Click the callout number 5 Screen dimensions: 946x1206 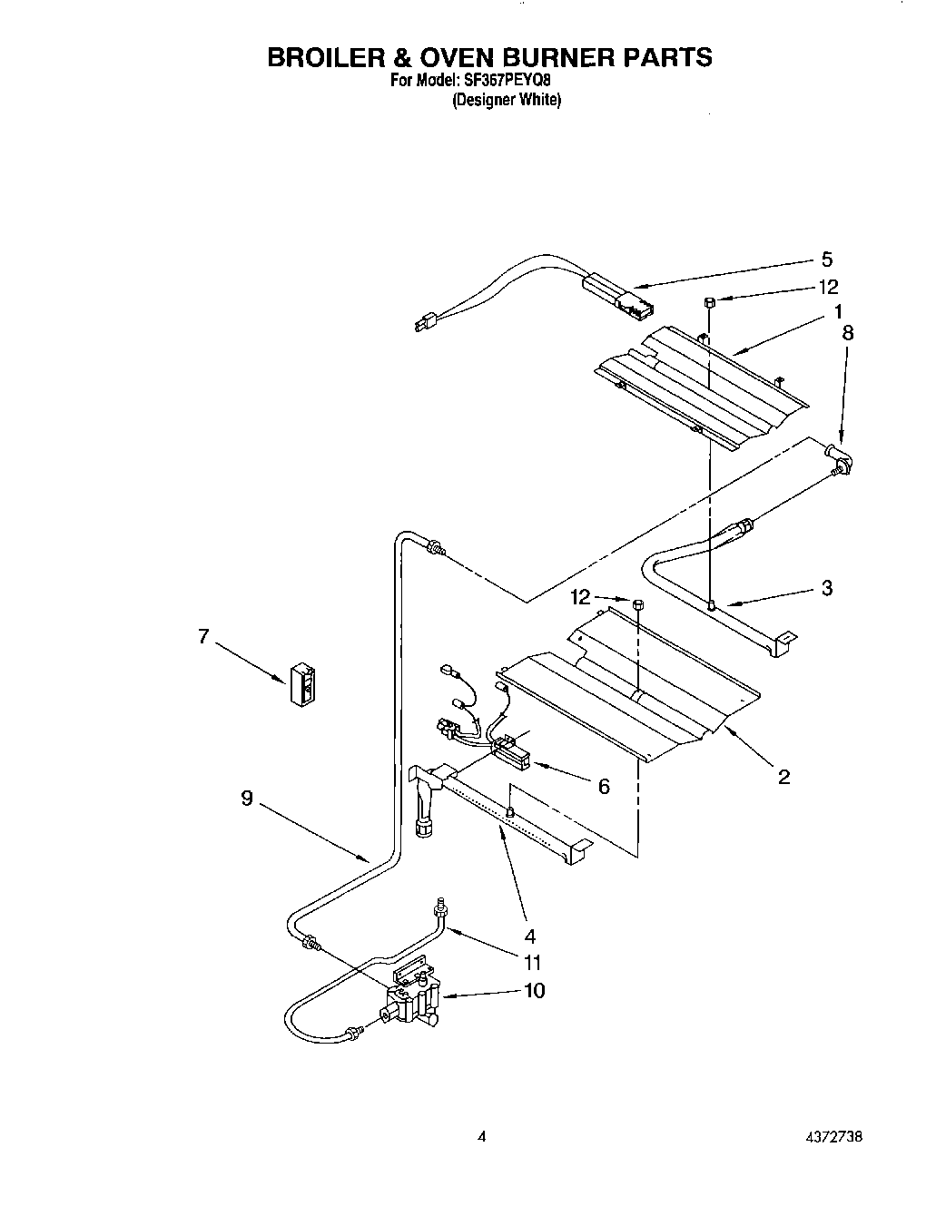point(826,260)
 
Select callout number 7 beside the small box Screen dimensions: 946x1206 point(203,637)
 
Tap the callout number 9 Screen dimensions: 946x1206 point(246,799)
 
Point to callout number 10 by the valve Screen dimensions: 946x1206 point(534,990)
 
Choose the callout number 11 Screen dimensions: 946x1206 point(533,963)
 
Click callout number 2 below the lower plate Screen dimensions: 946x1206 point(783,776)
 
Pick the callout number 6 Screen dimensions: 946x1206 point(604,786)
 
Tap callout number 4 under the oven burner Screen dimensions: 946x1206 point(530,936)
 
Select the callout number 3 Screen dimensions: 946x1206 point(826,587)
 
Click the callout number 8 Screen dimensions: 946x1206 point(847,333)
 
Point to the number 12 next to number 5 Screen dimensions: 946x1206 point(828,287)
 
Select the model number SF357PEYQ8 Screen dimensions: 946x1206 point(511,81)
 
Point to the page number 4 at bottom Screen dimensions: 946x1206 point(482,1136)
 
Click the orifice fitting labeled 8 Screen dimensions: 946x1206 point(840,458)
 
